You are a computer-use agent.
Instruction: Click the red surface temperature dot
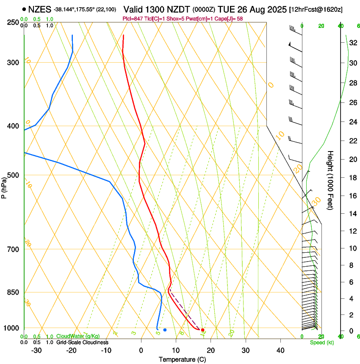pos(202,330)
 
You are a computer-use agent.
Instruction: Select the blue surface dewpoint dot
pos(165,330)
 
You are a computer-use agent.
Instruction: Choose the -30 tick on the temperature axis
pos(36,350)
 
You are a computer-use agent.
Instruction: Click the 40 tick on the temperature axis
pos(280,350)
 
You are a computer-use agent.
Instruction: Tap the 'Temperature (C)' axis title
pos(182,360)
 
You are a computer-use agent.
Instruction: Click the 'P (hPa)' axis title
pos(4,186)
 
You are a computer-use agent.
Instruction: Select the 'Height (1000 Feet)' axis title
pos(331,180)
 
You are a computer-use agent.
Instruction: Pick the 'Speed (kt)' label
pos(321,342)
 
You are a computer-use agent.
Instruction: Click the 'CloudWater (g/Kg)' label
pos(78,336)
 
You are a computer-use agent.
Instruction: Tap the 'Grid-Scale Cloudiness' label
pos(82,342)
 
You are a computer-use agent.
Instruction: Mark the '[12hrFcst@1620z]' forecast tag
pos(316,9)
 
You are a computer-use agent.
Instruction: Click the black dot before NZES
pos(24,8)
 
